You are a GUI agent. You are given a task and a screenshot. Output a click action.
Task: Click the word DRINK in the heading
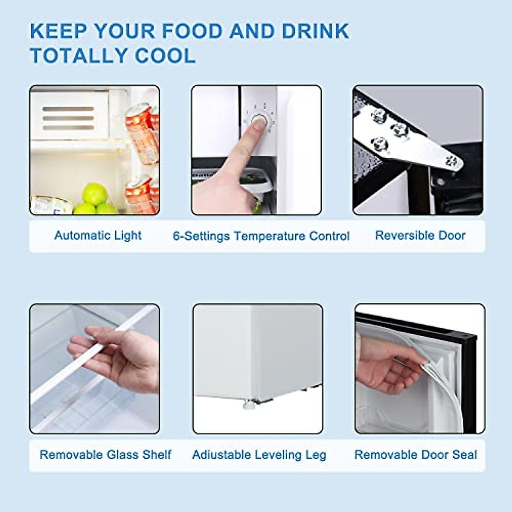click(x=315, y=32)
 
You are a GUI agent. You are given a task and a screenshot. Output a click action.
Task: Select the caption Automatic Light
click(x=98, y=236)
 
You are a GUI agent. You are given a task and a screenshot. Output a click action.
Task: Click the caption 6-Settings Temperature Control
click(x=261, y=236)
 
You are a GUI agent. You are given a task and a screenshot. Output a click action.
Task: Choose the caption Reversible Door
click(x=420, y=236)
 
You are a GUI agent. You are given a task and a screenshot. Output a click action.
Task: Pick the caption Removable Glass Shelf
click(x=105, y=455)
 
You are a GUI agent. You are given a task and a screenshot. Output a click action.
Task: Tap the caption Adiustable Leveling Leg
click(x=259, y=455)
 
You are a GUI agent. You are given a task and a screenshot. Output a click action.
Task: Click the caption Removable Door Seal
click(x=416, y=455)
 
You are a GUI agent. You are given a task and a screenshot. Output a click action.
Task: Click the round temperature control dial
click(x=259, y=122)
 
